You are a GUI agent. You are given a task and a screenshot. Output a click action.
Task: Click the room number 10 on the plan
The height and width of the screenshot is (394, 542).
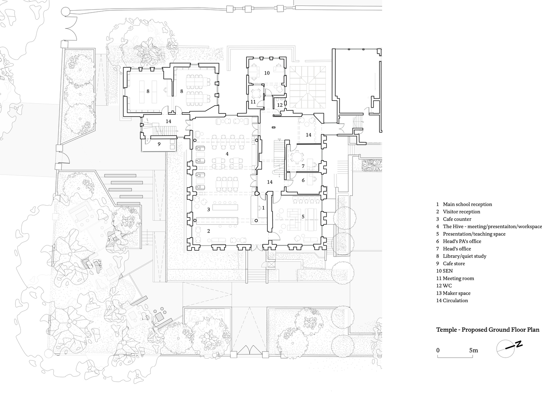(x=267, y=73)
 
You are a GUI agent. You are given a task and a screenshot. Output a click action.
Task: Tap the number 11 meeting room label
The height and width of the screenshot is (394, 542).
(x=253, y=102)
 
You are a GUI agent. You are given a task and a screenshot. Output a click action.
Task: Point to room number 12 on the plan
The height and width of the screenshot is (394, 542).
(x=280, y=105)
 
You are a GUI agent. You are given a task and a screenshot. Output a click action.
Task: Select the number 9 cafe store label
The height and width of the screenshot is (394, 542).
(x=159, y=144)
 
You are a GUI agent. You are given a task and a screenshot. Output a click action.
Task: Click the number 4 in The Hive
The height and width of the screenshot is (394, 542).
(x=227, y=154)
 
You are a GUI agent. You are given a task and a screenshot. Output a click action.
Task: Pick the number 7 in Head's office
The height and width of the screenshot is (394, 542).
(x=303, y=166)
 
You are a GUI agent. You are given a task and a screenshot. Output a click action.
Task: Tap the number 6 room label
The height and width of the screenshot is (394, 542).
(x=303, y=180)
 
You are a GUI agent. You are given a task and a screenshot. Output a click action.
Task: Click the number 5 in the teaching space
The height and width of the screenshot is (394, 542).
(x=303, y=217)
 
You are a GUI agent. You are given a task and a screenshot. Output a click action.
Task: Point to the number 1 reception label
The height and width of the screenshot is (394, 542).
(x=263, y=208)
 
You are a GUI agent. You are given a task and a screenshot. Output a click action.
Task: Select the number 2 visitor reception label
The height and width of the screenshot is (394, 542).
(x=209, y=231)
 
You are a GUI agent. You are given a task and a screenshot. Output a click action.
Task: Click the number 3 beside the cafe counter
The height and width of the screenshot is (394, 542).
(x=209, y=210)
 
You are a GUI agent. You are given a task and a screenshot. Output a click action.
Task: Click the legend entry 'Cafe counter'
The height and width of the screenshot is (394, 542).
(x=457, y=219)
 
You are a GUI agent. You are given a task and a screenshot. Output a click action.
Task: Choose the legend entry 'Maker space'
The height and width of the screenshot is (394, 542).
(x=456, y=293)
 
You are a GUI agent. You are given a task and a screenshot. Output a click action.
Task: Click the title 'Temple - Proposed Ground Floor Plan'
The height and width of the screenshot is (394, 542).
(x=488, y=330)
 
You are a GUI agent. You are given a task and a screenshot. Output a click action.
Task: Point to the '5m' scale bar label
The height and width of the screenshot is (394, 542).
(x=473, y=350)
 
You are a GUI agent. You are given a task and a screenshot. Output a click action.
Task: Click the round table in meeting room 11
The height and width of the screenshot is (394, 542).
(x=255, y=93)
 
